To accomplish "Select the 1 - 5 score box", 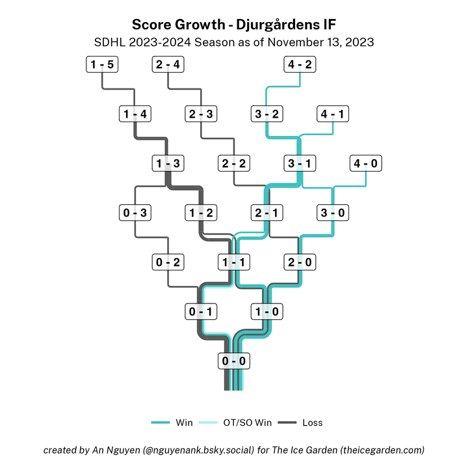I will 102,65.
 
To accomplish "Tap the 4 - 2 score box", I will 300,65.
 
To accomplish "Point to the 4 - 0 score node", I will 365,164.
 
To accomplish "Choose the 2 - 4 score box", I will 168,65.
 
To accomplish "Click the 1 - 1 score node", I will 234,263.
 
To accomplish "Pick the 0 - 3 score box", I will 135,213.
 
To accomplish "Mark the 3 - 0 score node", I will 333,213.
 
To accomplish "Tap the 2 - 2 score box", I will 234,164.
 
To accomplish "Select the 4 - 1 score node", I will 333,114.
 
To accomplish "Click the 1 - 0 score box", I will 266,312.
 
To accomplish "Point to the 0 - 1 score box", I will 201,312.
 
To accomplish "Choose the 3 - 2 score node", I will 266,114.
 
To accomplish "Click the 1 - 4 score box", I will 135,114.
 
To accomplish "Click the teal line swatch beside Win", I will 160,422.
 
